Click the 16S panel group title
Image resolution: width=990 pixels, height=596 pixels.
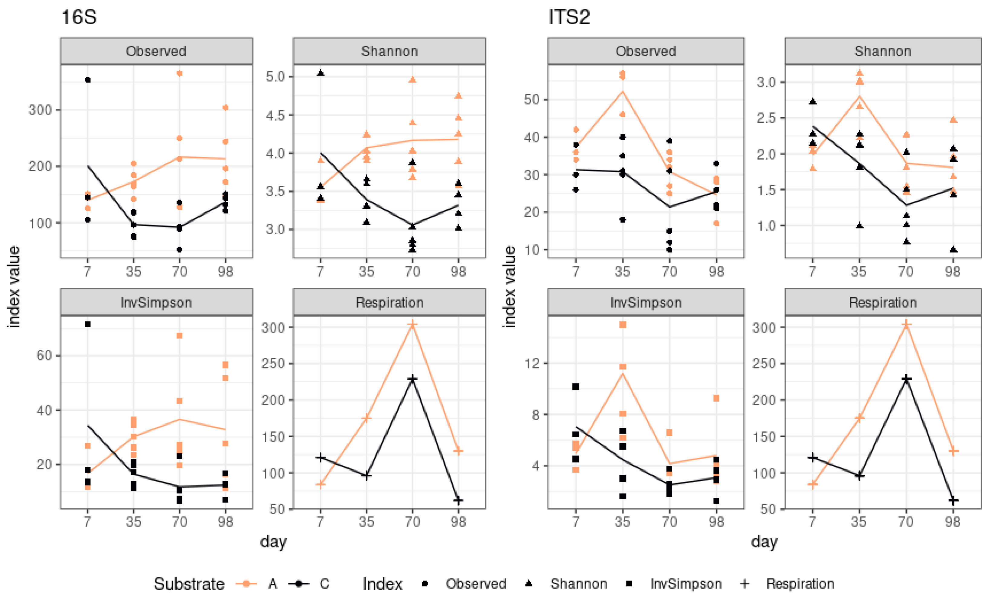point(79,18)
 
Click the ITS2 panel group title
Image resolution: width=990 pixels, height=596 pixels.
point(569,18)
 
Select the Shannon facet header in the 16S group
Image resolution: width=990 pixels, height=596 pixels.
point(389,51)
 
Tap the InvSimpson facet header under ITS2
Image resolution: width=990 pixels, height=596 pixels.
point(645,302)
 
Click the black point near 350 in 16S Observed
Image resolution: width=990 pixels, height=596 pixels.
point(88,80)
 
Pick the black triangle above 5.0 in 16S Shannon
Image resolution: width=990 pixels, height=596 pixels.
point(321,73)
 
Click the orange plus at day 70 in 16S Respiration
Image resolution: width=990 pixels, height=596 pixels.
point(412,324)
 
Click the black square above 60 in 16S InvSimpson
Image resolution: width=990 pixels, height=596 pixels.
point(88,324)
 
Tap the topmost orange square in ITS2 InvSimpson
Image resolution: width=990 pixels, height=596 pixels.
point(623,324)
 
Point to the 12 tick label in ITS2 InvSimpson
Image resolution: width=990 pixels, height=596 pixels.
point(532,363)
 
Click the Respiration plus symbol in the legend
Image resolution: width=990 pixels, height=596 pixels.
point(744,584)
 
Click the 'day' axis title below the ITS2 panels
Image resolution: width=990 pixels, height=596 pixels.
point(764,542)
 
